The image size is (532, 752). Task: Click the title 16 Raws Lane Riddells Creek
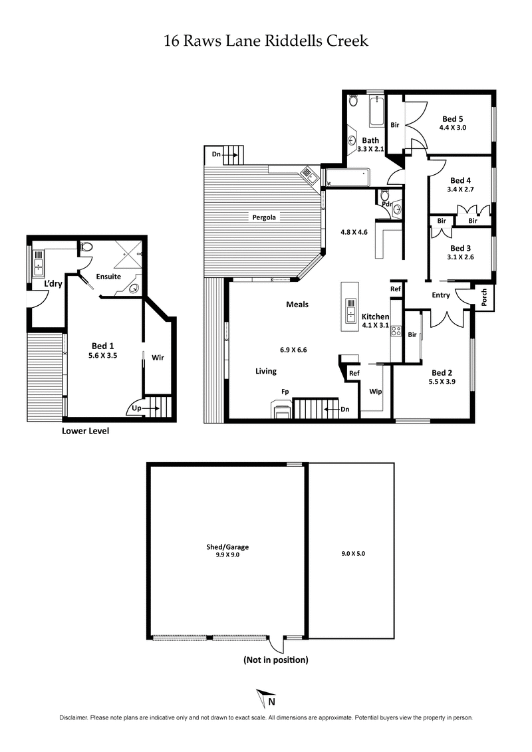tap(266, 41)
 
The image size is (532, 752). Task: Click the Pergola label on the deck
tap(263, 217)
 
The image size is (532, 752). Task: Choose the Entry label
tap(441, 295)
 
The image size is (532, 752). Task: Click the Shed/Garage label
tap(227, 547)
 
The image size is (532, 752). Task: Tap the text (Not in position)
tap(275, 660)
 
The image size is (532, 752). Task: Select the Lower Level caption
tap(85, 431)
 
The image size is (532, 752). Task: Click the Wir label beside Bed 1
tap(158, 357)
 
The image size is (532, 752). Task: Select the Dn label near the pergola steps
tap(216, 154)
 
